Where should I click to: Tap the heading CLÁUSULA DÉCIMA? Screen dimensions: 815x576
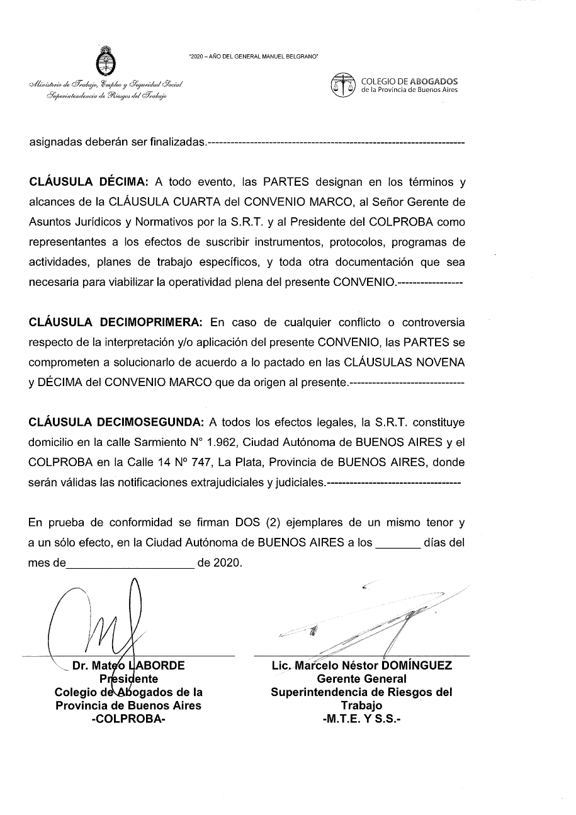tap(89, 183)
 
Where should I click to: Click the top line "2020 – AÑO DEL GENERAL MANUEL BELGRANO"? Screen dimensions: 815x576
tap(253, 57)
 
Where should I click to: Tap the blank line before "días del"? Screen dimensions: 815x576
tap(397, 543)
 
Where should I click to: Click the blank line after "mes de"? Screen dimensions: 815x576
tap(130, 563)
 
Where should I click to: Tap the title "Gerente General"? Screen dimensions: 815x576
tap(361, 679)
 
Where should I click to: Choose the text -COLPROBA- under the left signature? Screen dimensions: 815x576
tap(128, 719)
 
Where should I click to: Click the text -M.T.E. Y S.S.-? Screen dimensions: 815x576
tap(361, 719)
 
